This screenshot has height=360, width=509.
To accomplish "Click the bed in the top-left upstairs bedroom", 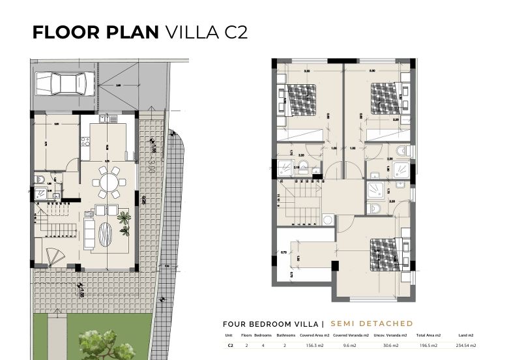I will point(302,98).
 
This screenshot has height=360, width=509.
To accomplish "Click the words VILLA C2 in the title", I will point(207,33).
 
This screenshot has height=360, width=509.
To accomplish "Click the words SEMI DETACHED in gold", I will point(371,323).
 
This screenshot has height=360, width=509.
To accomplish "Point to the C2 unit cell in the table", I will point(230,346).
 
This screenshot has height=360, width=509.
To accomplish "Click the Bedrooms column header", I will point(263,335).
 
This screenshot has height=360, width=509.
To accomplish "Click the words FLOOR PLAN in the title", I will point(95,33).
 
